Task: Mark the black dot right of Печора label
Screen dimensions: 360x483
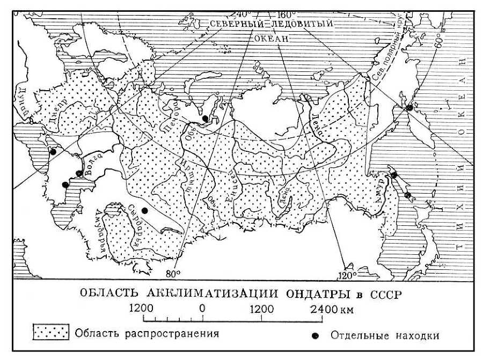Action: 205,118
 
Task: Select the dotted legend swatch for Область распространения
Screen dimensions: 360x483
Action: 52,334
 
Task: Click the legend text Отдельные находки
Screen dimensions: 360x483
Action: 385,336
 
